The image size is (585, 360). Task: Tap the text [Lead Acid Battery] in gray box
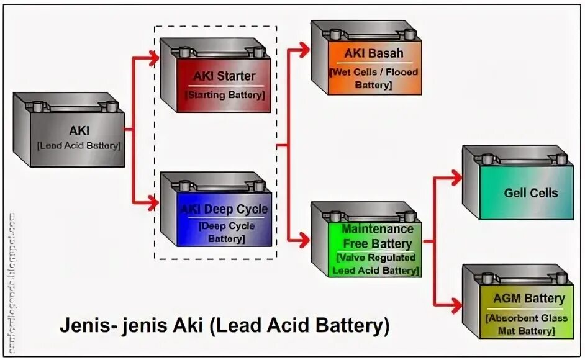coord(78,146)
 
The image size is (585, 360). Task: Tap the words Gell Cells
coord(531,193)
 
